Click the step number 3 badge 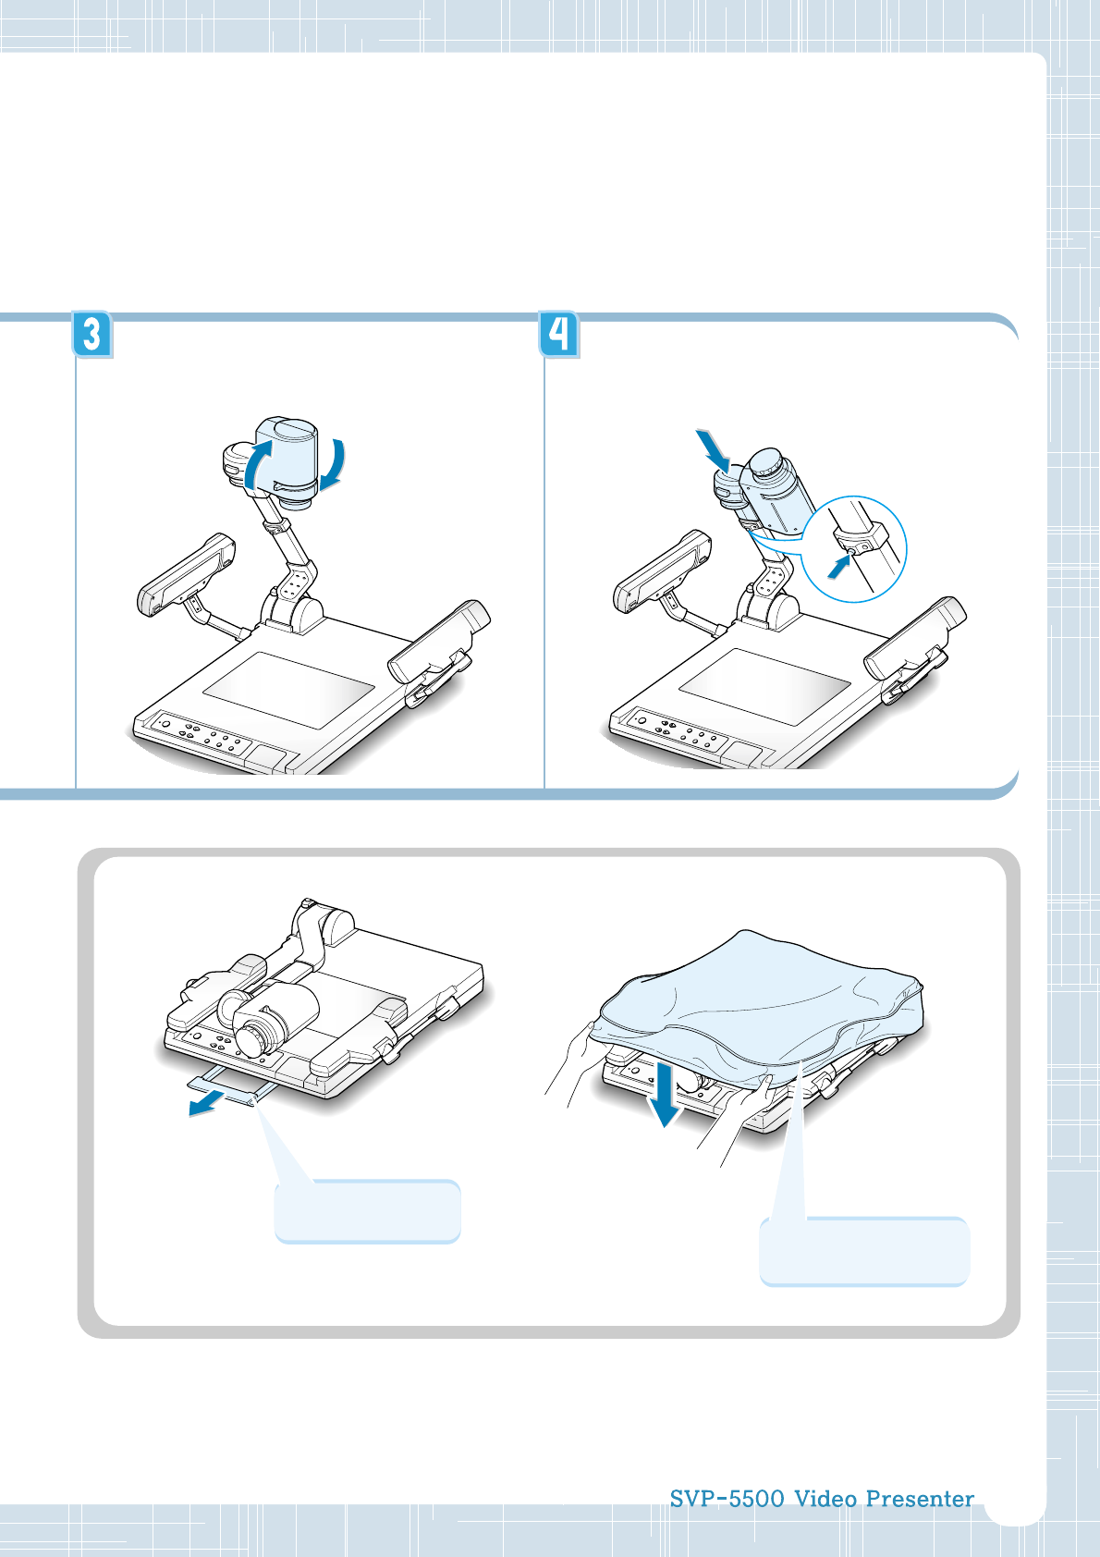pos(92,335)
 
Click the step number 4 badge pos(559,335)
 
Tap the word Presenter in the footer pos(920,1499)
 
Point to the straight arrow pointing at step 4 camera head pos(713,450)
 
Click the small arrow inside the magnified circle pos(839,568)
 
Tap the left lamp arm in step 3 pos(186,575)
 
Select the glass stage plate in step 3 pos(288,690)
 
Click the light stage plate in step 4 pos(764,687)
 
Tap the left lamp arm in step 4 pos(662,571)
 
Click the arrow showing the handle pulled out pos(206,1102)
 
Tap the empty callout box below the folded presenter pos(368,1212)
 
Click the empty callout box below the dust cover pos(864,1251)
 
